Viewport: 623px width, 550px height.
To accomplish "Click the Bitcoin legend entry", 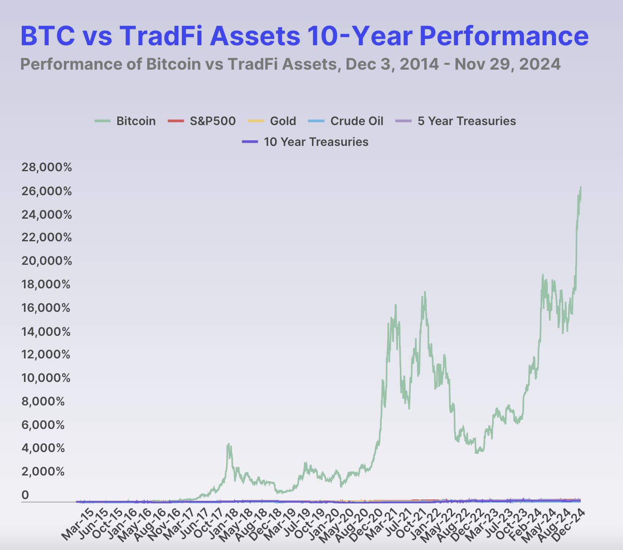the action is click(x=125, y=121).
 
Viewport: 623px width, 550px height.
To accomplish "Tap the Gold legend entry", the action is click(x=272, y=121).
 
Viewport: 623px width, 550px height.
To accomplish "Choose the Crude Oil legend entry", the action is click(x=346, y=121).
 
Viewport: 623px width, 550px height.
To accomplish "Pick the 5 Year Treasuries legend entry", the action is click(x=455, y=121).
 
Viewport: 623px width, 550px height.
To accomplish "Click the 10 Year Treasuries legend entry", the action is click(x=305, y=142).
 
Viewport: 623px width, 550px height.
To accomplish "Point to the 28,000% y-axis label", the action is click(x=47, y=167).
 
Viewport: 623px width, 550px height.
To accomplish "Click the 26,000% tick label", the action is click(x=47, y=191).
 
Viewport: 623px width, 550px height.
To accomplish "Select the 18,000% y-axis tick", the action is click(x=46, y=284).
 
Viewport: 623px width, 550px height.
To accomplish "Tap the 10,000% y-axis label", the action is click(x=46, y=378).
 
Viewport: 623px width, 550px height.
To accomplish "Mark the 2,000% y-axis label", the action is click(x=43, y=471).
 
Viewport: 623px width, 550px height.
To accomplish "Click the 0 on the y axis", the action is click(x=25, y=495).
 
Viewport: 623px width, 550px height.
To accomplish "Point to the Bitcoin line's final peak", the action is click(x=580, y=187).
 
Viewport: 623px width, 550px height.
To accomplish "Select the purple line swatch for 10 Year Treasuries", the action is click(x=250, y=142).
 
